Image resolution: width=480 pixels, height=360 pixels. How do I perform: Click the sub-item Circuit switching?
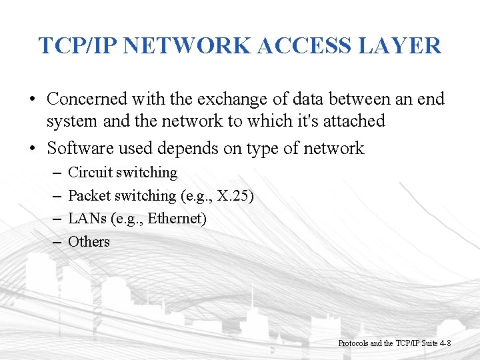point(123,173)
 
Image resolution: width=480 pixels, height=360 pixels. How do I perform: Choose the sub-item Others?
point(89,241)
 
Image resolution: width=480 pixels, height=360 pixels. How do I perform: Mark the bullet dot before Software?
point(32,148)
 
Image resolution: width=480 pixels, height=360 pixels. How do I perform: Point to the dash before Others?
point(56,241)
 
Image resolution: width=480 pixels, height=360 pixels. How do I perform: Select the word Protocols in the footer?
point(353,343)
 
